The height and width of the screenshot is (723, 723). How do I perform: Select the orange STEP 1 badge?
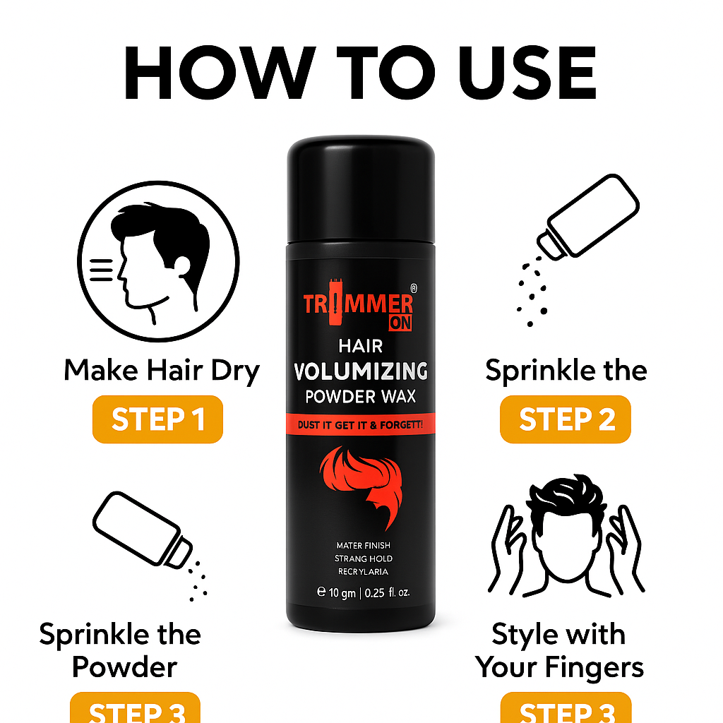pos(157,419)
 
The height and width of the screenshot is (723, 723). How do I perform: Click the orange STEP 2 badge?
pos(565,419)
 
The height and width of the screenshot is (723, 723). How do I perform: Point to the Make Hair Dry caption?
pos(162,370)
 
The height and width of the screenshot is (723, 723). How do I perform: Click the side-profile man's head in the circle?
pos(160,254)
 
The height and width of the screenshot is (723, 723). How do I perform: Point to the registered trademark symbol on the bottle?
pos(414,289)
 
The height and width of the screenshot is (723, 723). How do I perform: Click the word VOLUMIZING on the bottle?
pos(360,371)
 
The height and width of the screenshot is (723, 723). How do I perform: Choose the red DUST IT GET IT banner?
pos(360,424)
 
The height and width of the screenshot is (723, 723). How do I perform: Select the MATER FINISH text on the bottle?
pos(361,545)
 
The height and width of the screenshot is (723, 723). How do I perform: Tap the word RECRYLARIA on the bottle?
pos(361,571)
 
